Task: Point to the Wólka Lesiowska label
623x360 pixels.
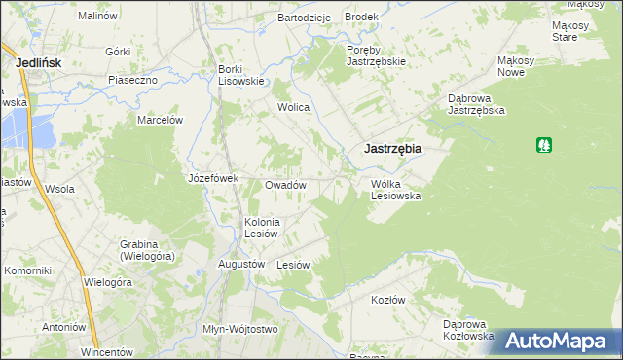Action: click(x=395, y=189)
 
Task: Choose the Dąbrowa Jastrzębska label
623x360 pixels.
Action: click(x=475, y=104)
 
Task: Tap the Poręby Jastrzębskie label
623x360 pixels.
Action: click(x=376, y=54)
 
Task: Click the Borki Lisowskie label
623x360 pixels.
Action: click(x=242, y=75)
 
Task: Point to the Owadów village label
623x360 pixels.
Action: click(x=286, y=185)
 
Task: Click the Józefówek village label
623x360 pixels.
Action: click(x=213, y=178)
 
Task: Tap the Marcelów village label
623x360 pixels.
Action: click(x=161, y=120)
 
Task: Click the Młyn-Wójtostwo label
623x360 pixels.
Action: click(x=239, y=329)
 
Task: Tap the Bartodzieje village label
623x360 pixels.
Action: click(x=305, y=18)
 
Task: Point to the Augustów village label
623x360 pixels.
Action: click(x=242, y=264)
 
